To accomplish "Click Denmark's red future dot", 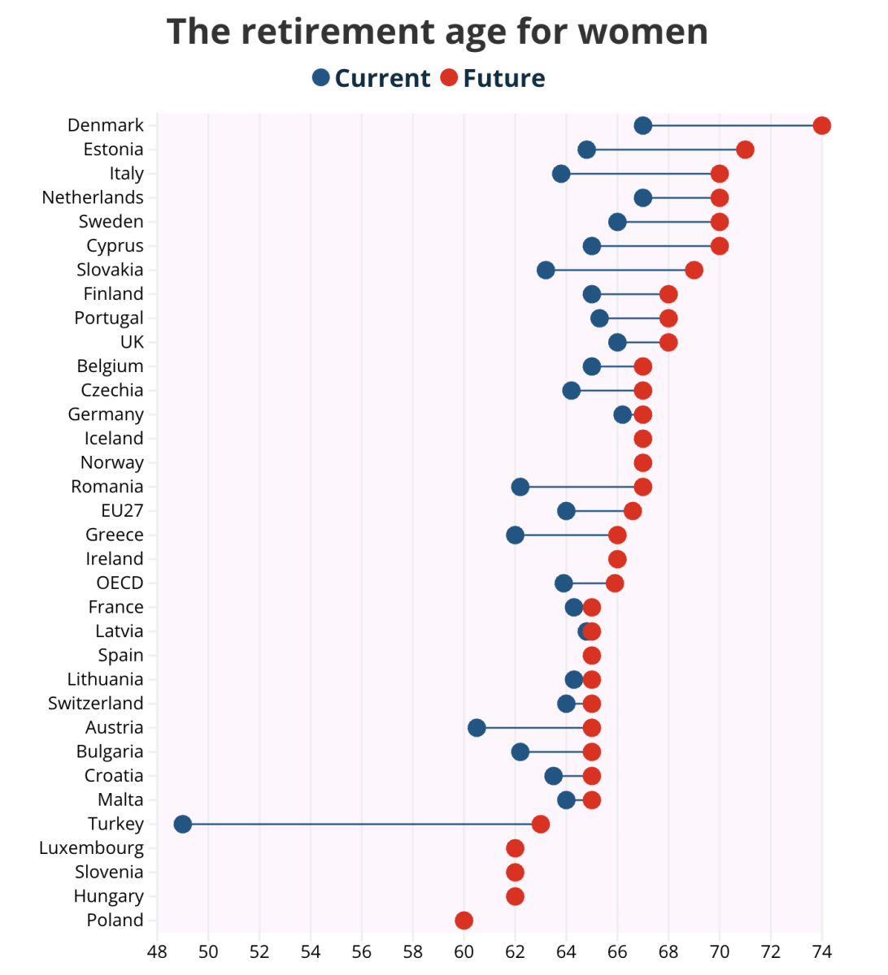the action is click(x=821, y=125).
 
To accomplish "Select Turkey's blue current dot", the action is click(x=182, y=824).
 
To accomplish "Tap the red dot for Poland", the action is click(x=464, y=920).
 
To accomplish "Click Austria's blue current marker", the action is click(x=477, y=728).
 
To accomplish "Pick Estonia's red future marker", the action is click(x=745, y=149).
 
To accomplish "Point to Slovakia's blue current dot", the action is click(x=546, y=270).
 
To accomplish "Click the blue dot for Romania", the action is click(x=520, y=487).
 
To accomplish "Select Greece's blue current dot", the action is click(x=515, y=535).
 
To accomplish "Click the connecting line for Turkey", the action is click(x=362, y=824).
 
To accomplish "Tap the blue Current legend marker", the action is click(x=321, y=77).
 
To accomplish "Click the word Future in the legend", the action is click(x=504, y=78).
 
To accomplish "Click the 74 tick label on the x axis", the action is click(x=822, y=951).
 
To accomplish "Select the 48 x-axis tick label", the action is click(x=157, y=951).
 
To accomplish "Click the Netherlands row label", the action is click(x=93, y=197).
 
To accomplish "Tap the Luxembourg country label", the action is click(x=91, y=848).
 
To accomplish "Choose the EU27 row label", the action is click(x=122, y=511).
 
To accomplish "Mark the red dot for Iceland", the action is click(x=642, y=439).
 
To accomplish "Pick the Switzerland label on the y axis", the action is click(x=96, y=704).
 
